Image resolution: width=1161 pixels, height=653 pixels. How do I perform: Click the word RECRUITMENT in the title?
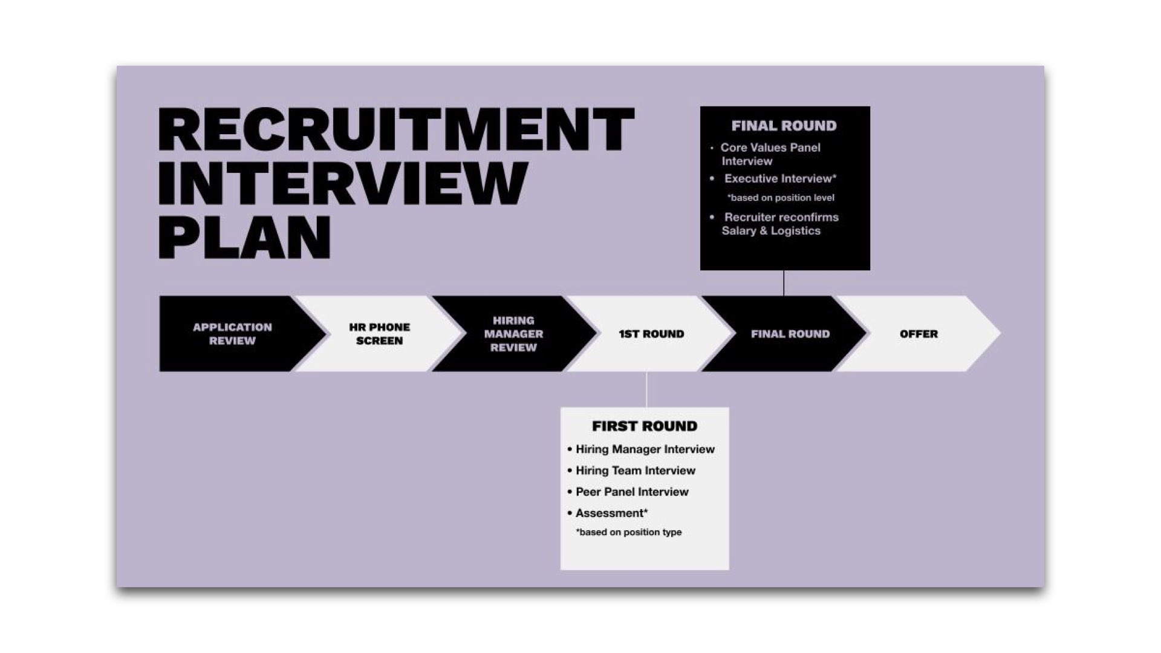tap(396, 129)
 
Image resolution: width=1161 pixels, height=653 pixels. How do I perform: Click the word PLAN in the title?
tap(245, 237)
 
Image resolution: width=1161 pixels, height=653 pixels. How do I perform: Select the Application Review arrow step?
tap(232, 334)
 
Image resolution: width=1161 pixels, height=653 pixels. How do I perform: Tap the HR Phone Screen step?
tap(379, 334)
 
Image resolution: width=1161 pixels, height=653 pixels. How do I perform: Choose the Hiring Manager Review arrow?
tap(513, 334)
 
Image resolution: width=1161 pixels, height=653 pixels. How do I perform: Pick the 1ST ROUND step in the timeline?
tap(651, 334)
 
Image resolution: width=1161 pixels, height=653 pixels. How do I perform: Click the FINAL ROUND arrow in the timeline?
tap(790, 334)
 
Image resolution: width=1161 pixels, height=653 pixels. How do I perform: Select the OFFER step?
tap(919, 334)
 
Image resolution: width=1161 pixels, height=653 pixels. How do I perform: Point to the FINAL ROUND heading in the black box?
tap(784, 126)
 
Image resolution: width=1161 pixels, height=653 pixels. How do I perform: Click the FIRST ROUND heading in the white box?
tap(645, 426)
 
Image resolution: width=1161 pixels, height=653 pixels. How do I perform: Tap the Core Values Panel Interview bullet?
tap(770, 154)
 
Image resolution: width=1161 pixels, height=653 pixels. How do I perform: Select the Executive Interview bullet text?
tap(780, 178)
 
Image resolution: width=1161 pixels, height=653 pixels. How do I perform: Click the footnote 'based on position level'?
tap(781, 198)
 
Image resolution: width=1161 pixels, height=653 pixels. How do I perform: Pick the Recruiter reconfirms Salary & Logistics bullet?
tap(780, 224)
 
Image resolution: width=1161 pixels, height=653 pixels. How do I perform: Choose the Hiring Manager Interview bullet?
tap(645, 449)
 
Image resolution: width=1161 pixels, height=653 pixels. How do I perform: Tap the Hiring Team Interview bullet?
tap(635, 470)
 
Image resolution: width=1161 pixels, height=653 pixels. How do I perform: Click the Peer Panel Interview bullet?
tap(632, 492)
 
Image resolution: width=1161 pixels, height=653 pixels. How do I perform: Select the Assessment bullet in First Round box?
tap(611, 513)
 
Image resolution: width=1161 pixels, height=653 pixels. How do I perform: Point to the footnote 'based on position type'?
tap(629, 532)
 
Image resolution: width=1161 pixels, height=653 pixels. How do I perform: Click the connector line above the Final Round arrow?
tap(784, 283)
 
